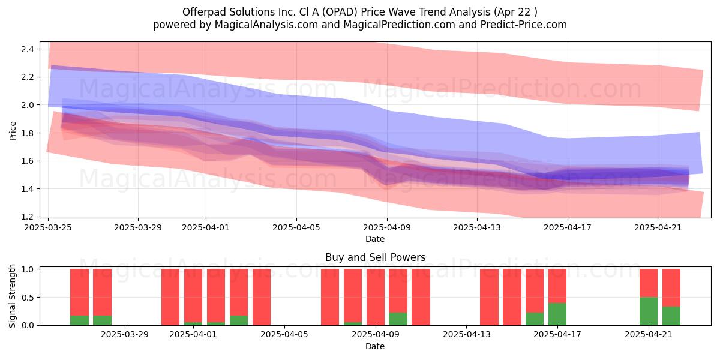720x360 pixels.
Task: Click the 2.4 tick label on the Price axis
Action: coord(28,49)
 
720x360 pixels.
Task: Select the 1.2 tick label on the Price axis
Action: coord(28,217)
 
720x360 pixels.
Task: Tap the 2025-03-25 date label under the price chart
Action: coord(48,227)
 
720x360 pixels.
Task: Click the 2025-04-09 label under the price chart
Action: coord(387,227)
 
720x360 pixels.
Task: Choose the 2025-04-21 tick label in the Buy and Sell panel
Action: coord(649,335)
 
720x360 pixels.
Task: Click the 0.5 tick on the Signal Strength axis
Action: coord(28,298)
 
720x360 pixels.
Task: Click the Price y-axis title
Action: coord(13,131)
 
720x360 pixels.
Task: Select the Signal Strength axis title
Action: coord(12,296)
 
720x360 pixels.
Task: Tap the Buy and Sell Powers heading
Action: coord(375,257)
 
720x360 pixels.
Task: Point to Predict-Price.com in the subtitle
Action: coord(524,25)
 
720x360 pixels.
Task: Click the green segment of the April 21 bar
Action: coord(649,311)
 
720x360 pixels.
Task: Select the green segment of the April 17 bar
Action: coord(557,314)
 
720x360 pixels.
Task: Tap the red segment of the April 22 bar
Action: coord(671,287)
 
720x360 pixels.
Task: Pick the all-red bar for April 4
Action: coord(262,297)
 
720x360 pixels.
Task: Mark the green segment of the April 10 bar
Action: coord(398,319)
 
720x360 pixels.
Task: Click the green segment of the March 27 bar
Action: coord(79,320)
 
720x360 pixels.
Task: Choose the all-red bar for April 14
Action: coord(489,297)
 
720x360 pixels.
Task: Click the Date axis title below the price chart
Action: coord(375,239)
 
